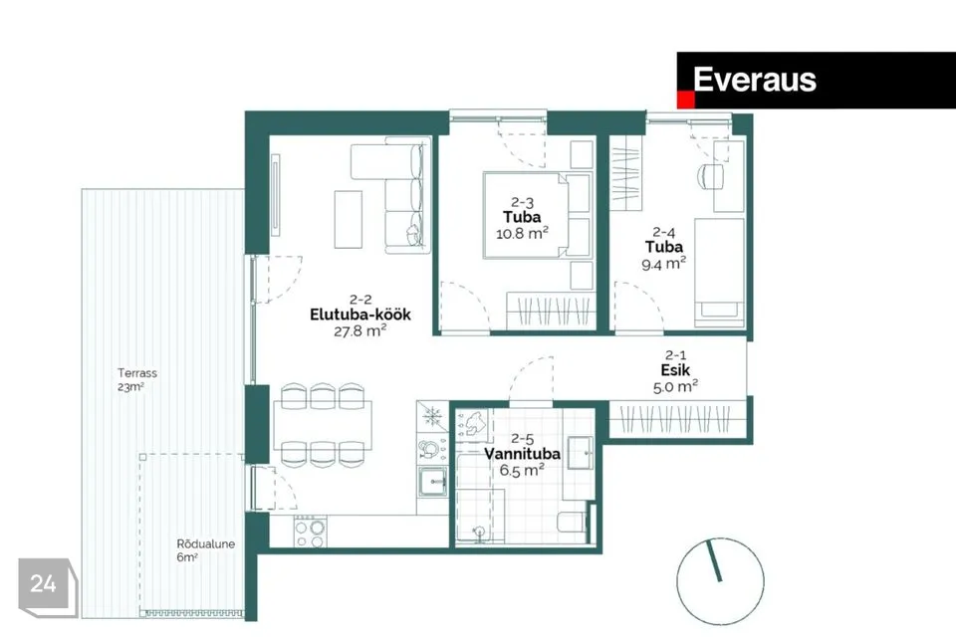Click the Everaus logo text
[x=754, y=80]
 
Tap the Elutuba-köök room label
[x=359, y=315]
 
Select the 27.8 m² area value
[x=359, y=330]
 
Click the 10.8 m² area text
[x=522, y=232]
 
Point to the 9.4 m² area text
[x=663, y=264]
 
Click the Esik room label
[x=675, y=370]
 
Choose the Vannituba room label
[x=523, y=454]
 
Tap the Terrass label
[x=137, y=372]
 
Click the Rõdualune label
[x=205, y=543]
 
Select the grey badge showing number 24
[x=47, y=585]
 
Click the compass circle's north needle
[x=714, y=560]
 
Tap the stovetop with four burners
[x=310, y=531]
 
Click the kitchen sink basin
[x=432, y=481]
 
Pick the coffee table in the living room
[x=349, y=219]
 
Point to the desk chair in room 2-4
[x=710, y=176]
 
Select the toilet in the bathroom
[x=573, y=523]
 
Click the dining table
[x=323, y=425]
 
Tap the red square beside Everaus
[x=686, y=100]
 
